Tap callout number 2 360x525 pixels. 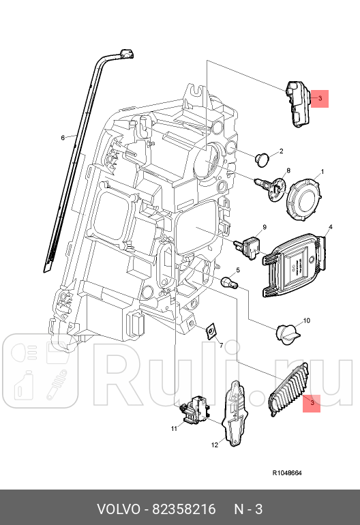(x=280, y=151)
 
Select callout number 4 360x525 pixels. (x=330, y=226)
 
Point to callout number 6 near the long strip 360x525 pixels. (x=63, y=138)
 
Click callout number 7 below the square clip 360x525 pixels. (x=220, y=346)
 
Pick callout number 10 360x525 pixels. (x=306, y=320)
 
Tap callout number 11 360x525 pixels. (x=174, y=428)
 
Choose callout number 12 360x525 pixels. (x=213, y=445)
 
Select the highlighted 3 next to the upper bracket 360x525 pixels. (x=318, y=99)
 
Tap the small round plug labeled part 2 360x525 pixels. (x=262, y=159)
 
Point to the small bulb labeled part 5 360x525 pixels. (x=229, y=280)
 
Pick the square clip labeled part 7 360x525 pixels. (x=212, y=331)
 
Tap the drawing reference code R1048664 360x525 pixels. (x=287, y=472)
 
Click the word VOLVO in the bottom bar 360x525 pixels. (x=117, y=509)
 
